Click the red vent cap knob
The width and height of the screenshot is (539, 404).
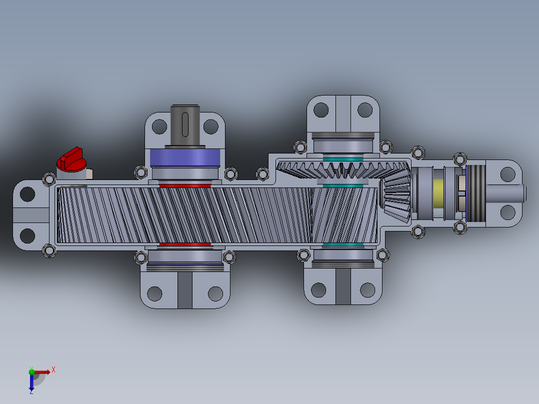pyautogui.click(x=71, y=159)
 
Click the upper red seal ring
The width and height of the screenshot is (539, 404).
pyautogui.click(x=185, y=185)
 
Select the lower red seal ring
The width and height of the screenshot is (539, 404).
pyautogui.click(x=185, y=244)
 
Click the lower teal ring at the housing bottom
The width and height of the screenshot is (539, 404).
pyautogui.click(x=342, y=245)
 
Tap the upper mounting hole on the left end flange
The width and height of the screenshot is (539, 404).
pyautogui.click(x=27, y=193)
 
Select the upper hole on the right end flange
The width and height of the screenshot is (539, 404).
pyautogui.click(x=507, y=174)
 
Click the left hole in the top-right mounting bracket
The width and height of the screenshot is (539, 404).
pyautogui.click(x=320, y=109)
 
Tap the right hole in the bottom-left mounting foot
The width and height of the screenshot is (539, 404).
pyautogui.click(x=215, y=293)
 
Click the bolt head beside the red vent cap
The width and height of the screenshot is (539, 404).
pyautogui.click(x=49, y=179)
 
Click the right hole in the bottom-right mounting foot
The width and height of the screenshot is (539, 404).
pyautogui.click(x=367, y=289)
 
